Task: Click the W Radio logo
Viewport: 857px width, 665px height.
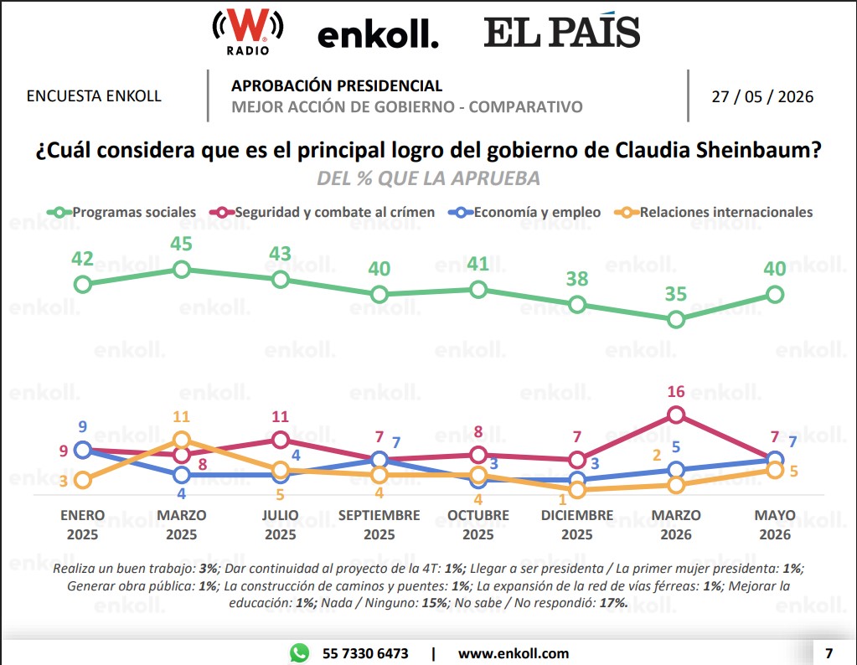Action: coord(248,32)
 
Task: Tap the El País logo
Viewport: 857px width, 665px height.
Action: coord(562,31)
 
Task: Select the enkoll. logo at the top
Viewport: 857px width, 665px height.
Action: coord(378,35)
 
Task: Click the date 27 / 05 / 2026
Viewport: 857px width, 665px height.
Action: coord(762,96)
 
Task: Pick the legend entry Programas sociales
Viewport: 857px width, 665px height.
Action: coord(121,212)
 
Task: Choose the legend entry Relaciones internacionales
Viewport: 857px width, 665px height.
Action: coord(713,212)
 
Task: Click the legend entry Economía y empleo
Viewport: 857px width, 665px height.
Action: coord(524,212)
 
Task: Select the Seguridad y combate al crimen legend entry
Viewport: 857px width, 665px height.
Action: coord(322,212)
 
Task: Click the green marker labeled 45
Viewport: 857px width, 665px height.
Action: coord(182,270)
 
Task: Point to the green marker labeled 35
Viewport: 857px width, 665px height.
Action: coord(676,320)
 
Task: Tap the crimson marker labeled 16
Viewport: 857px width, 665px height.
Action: coord(676,415)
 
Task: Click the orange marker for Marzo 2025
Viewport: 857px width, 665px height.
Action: coord(182,440)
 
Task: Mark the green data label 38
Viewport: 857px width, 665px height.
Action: coord(577,279)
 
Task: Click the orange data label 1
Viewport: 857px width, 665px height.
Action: coord(562,499)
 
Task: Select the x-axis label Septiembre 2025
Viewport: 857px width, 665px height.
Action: coord(379,524)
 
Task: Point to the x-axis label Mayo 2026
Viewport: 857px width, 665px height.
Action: coord(775,524)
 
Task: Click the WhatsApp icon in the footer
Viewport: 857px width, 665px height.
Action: coord(300,653)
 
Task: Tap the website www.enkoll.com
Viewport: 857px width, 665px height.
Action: coord(514,653)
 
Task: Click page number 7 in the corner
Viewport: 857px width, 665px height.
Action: coord(829,653)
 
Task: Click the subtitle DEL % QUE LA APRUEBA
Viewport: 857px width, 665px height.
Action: coord(429,178)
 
